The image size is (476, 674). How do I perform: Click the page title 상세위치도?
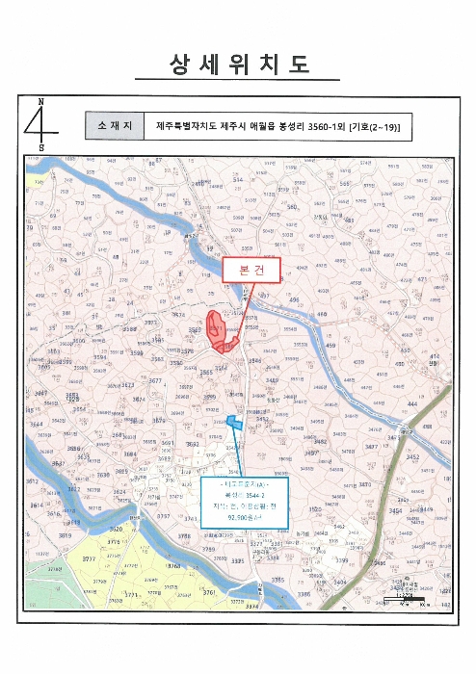coord(237,65)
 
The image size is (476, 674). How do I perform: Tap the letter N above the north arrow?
coord(40,101)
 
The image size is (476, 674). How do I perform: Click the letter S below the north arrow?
coord(40,146)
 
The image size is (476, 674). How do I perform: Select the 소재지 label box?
coord(114,127)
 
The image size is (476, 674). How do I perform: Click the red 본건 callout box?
coord(251,271)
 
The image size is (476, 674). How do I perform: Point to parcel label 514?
coord(237,180)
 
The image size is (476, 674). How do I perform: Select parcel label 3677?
coord(156,381)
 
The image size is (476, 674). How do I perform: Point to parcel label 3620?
coord(116,530)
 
